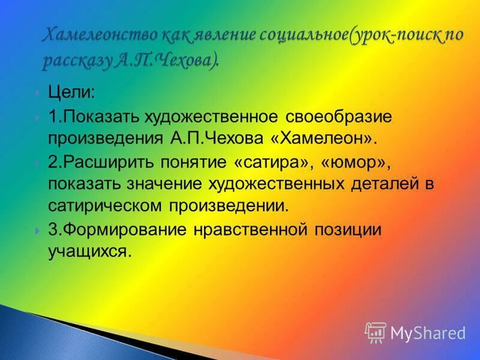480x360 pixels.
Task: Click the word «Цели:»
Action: pos(71,94)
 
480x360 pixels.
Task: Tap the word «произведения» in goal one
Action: pos(104,138)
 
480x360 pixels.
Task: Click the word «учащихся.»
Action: pos(89,251)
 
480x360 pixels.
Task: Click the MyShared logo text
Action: pos(428,332)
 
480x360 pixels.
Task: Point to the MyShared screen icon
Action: pos(376,332)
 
